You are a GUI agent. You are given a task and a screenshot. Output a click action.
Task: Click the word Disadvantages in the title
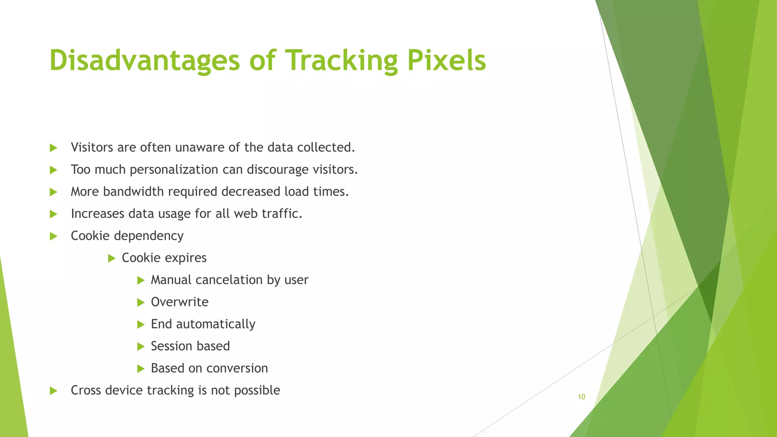145,61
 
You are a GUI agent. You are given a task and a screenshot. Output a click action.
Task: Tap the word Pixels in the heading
447,61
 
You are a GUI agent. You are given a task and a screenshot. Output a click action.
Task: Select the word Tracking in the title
341,61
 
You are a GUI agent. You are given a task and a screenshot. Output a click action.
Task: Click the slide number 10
581,397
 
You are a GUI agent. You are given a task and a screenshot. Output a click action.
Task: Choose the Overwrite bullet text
179,302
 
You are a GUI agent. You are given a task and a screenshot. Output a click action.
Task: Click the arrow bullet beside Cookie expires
111,258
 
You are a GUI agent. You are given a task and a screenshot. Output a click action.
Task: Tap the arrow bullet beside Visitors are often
53,148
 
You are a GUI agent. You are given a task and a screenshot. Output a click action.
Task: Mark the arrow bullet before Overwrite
140,302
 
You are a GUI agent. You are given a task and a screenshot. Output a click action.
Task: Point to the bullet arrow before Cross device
53,391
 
